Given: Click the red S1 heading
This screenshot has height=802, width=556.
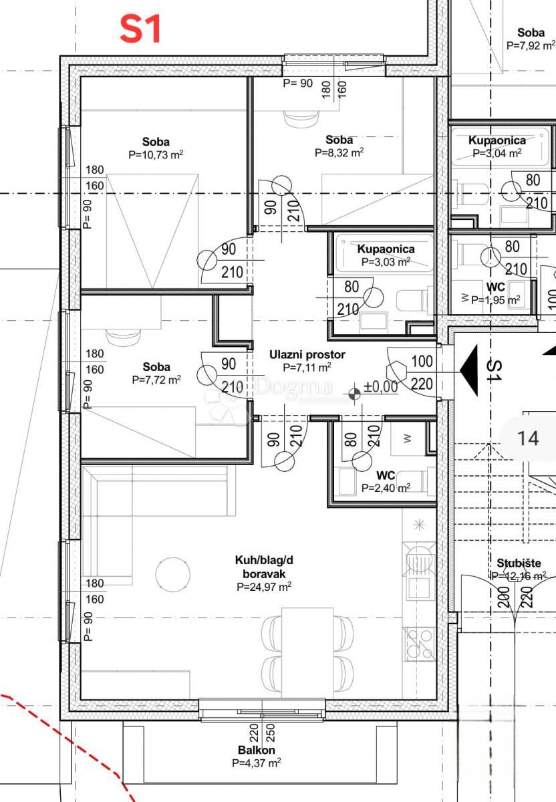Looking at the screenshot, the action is pos(140,29).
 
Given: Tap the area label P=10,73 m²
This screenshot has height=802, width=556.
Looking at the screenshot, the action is pos(156,154).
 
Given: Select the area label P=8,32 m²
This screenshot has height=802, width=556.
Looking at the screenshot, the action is pos(339,152).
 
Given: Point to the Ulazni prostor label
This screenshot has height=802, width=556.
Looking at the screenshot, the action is pos(307,354).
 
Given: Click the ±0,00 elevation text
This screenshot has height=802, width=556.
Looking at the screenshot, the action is pos(380,387).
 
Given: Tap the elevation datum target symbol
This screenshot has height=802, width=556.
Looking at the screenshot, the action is pos(354,394).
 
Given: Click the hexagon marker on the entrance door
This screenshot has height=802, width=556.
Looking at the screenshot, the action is pos(397,372).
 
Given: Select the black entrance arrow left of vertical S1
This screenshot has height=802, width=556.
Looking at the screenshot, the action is pos(469,370).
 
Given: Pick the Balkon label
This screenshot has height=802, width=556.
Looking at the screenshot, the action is pos(257,750).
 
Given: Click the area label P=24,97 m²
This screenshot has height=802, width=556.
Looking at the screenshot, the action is pos(264,587).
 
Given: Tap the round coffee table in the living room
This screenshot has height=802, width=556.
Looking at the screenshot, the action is pos(173,574).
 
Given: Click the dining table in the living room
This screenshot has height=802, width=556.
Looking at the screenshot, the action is pos(307,652).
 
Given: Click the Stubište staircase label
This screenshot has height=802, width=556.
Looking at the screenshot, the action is pos(519,563).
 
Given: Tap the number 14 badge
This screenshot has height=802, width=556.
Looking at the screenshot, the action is pos(528,438).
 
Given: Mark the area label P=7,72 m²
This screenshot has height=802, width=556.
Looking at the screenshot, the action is pos(156,380).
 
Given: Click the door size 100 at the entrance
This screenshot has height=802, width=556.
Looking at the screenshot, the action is pos(422,362).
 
